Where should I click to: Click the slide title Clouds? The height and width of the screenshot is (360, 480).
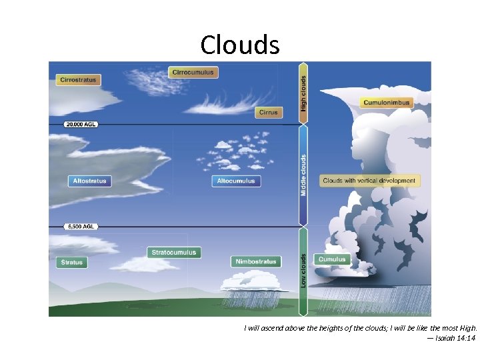point(239,45)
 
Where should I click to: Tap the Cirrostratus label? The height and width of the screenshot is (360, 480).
point(78,80)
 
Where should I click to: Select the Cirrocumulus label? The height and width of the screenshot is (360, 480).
point(193,72)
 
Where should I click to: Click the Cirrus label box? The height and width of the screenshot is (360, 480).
point(269,113)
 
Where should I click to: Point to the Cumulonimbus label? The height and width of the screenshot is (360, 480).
point(387,103)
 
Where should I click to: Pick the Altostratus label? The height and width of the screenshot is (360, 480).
point(89,181)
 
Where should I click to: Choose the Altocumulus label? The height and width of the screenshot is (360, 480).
point(236,181)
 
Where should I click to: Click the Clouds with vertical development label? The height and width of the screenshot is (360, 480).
point(369,181)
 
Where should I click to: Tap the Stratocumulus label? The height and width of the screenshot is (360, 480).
point(174,253)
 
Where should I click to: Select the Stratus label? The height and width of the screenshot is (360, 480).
point(72,263)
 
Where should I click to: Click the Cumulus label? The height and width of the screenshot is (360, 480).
point(332,259)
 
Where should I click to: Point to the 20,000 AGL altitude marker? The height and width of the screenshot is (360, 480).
point(81,125)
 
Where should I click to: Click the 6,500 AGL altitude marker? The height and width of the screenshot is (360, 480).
point(81,227)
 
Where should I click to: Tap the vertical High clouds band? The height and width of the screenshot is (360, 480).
point(303,93)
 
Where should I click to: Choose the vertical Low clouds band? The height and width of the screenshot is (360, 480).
point(303,270)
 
